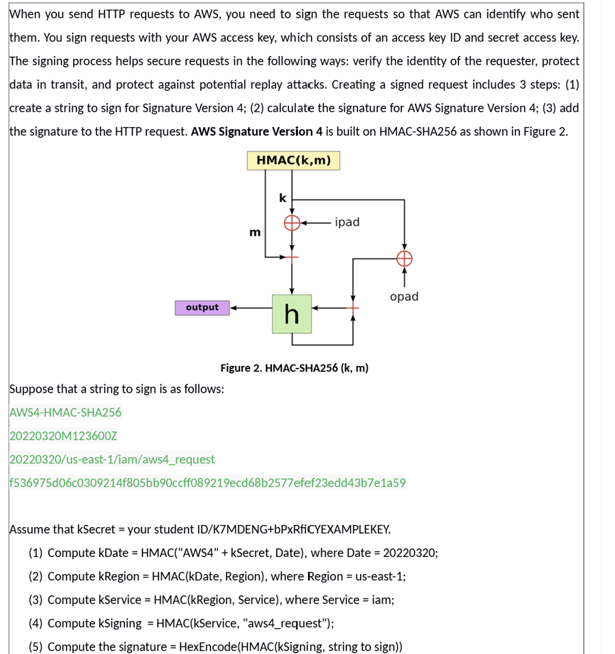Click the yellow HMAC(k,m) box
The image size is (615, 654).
coord(293,160)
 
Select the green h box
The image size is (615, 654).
coord(292,314)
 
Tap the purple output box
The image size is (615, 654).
coord(202,308)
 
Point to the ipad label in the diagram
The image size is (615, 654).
coord(347,222)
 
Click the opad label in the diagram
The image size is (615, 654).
coord(404,296)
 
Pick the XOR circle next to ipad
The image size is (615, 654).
coord(292,223)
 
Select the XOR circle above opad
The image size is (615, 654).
coord(404,257)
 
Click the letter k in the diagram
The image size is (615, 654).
coord(283,198)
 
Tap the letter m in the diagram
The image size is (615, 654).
coord(255,233)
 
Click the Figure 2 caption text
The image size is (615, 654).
coord(294,368)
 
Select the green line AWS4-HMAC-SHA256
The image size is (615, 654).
coord(66,412)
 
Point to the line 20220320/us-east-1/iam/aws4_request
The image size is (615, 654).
coord(112,459)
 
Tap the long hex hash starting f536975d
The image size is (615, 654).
coord(207,483)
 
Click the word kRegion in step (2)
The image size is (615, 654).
coord(120,576)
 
